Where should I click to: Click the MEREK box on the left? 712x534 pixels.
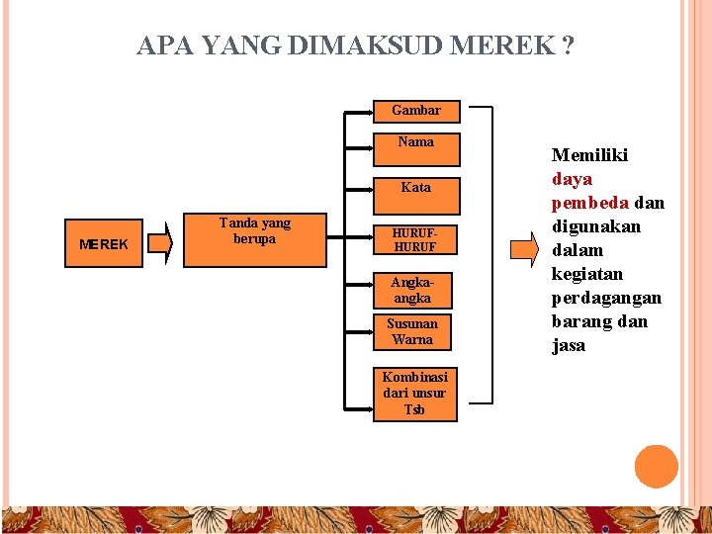[104, 243]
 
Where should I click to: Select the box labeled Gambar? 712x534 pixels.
[415, 110]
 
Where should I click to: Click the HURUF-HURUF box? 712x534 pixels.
[415, 239]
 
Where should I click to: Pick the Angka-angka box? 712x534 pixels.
[412, 289]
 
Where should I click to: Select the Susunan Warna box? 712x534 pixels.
[411, 331]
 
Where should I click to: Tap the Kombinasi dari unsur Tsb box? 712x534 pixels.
[415, 393]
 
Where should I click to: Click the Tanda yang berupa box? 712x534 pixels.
[254, 238]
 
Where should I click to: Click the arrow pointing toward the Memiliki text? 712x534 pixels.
[525, 249]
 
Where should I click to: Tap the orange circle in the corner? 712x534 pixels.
[656, 466]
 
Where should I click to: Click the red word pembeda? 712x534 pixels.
[588, 203]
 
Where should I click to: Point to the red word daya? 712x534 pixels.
[572, 179]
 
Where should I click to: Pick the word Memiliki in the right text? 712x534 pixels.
[589, 155]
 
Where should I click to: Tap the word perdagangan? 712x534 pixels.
[606, 298]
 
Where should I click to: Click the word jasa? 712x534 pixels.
[569, 345]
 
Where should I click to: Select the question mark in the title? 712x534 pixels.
[567, 45]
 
